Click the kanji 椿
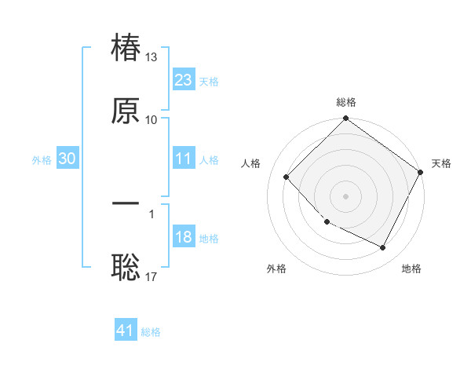(126, 49)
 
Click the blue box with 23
(183, 80)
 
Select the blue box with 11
(183, 159)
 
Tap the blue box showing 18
(183, 237)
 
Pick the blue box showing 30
(68, 159)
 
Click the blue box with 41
(126, 331)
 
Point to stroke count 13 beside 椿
(152, 57)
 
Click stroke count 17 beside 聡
(152, 276)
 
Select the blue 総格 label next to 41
(151, 332)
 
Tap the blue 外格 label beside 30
(42, 159)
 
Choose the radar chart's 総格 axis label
(345, 102)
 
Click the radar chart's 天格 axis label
(441, 163)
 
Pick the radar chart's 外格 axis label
(276, 269)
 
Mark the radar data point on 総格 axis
(345, 119)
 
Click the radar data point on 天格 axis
(420, 172)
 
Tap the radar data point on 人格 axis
(287, 177)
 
